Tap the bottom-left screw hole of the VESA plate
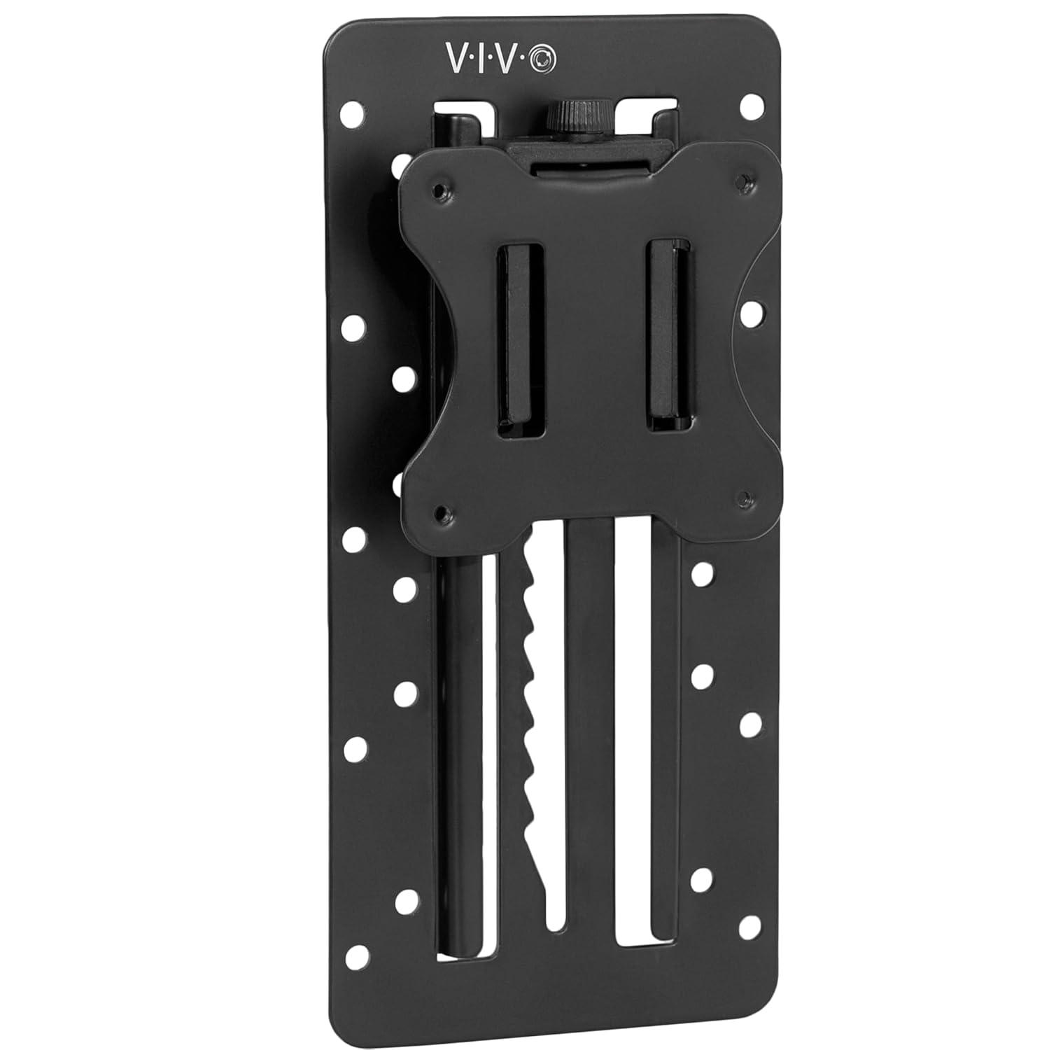[x=442, y=511]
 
